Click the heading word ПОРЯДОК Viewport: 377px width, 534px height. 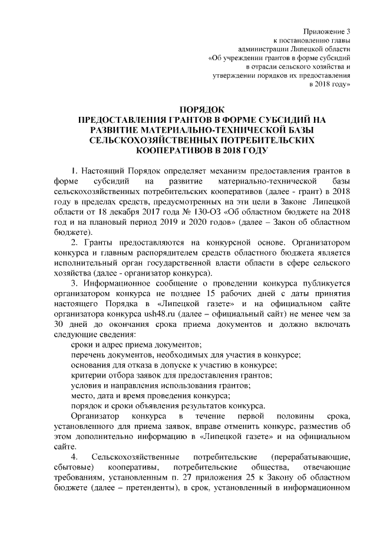(201, 109)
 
